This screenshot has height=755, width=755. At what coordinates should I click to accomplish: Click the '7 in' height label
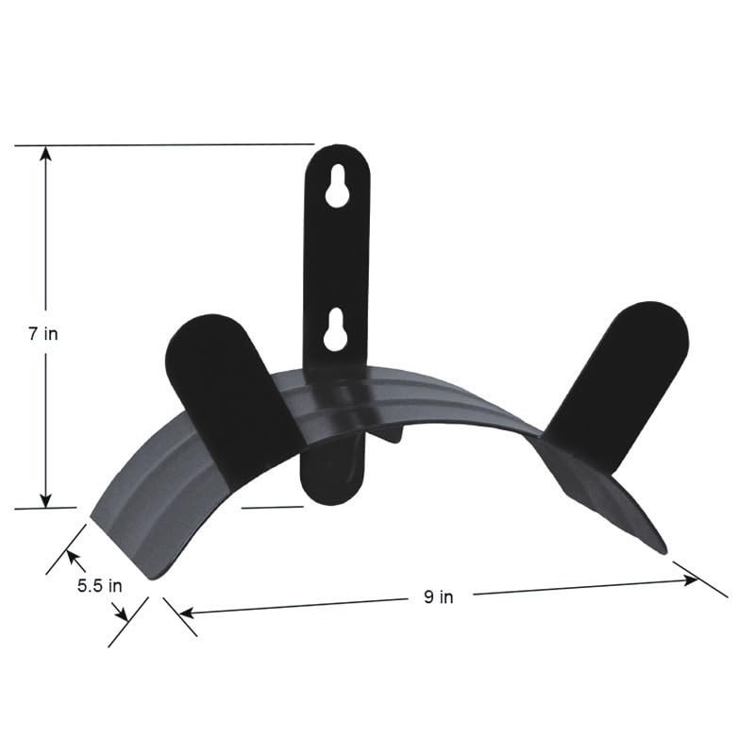[44, 334]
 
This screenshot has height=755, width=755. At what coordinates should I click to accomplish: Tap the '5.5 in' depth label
[99, 585]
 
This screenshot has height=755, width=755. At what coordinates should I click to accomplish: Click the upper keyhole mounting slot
[337, 189]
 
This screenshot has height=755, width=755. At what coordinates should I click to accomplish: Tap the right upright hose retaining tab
[623, 377]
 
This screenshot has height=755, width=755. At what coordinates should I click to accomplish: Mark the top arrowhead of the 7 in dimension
[44, 154]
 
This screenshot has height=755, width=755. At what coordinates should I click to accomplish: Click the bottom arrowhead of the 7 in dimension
[44, 500]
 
